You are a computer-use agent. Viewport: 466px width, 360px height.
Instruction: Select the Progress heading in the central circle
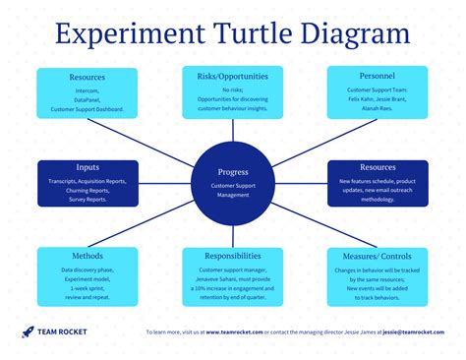[x=232, y=172]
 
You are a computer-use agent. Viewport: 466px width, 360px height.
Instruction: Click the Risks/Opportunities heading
[x=232, y=76]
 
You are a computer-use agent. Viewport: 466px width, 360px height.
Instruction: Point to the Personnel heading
[x=378, y=75]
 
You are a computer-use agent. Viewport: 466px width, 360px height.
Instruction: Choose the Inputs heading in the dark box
[x=87, y=168]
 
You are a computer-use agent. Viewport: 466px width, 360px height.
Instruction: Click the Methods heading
[x=87, y=255]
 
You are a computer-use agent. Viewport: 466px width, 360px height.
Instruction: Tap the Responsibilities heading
[x=232, y=255]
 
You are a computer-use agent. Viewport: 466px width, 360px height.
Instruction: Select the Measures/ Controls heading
[x=378, y=255]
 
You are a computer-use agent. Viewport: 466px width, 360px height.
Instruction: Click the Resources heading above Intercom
[x=87, y=76]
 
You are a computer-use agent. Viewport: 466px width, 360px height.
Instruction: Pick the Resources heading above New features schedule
[x=378, y=168]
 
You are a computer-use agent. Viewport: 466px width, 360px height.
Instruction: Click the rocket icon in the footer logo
[x=28, y=332]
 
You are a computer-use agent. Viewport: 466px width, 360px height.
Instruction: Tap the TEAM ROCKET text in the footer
[x=62, y=332]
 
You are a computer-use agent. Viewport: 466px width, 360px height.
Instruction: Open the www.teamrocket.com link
[x=235, y=332]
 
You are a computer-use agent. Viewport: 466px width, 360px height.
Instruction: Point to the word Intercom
[x=87, y=90]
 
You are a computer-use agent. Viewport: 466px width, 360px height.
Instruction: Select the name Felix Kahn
[x=357, y=99]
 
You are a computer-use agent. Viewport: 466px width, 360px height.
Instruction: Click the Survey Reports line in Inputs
[x=87, y=200]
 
